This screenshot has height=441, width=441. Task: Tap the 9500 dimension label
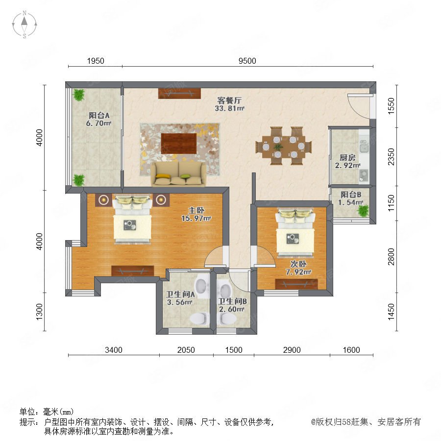247,61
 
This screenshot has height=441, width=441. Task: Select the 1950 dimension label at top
96,61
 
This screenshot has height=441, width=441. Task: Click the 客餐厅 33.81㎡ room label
229,104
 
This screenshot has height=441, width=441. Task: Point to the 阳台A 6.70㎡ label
98,119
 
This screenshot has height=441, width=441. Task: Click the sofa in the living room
178,173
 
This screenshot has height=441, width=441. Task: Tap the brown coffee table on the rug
178,144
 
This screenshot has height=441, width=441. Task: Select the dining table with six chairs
284,146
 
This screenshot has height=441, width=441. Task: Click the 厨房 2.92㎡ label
347,161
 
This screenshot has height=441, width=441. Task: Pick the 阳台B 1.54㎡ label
351,198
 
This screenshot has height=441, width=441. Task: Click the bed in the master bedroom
132,219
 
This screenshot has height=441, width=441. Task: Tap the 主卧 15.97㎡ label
196,214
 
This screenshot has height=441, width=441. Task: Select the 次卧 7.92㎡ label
298,268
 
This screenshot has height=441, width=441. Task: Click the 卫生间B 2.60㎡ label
232,305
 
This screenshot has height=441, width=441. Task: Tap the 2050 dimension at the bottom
186,350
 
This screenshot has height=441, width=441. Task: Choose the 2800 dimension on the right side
391,256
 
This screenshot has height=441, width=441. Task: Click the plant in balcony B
363,211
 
